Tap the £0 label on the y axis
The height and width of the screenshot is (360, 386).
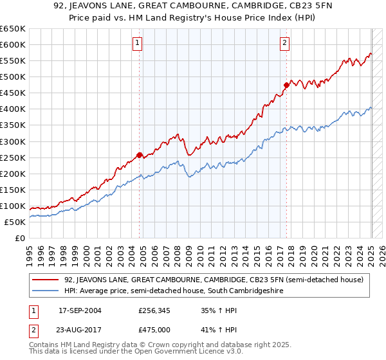point(19,238)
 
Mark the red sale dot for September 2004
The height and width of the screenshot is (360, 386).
point(140,155)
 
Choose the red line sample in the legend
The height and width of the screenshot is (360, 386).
point(46,280)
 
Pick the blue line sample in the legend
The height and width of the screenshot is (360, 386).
point(46,291)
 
